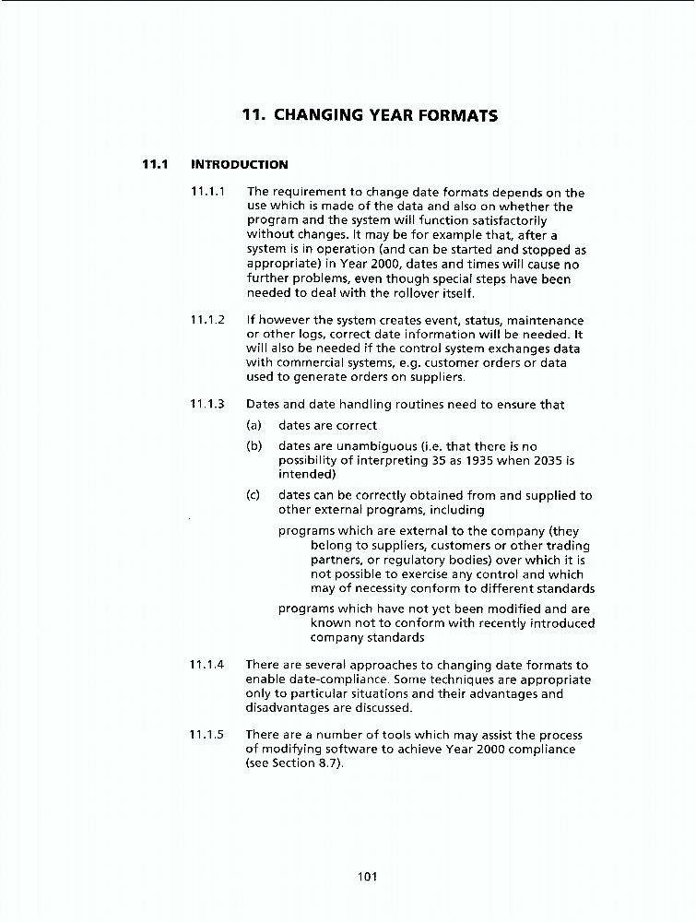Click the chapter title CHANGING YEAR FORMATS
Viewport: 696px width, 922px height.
point(369,116)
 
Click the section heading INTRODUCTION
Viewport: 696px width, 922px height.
point(239,165)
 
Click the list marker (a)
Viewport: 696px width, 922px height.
point(254,426)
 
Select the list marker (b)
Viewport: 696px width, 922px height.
point(254,446)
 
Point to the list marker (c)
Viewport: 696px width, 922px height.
point(254,495)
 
